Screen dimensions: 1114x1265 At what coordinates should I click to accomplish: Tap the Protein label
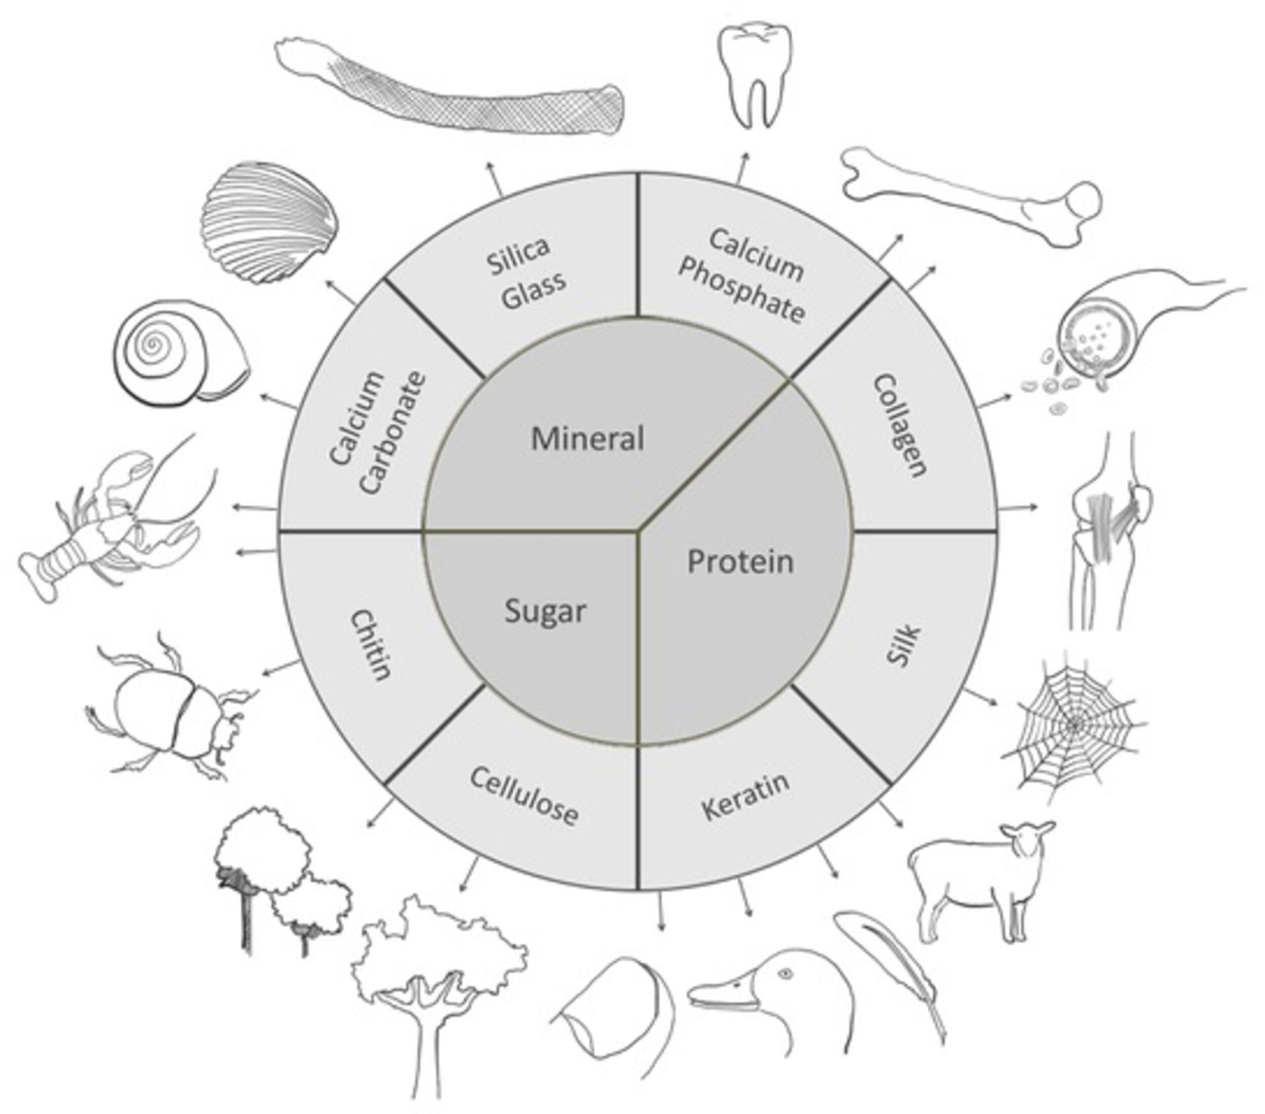(740, 562)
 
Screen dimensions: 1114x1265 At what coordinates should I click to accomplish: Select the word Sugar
(544, 612)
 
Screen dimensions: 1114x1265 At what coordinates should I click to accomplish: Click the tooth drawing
(754, 74)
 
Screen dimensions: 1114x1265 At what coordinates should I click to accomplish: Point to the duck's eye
(786, 974)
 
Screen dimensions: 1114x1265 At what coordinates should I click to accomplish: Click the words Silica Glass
(526, 272)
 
